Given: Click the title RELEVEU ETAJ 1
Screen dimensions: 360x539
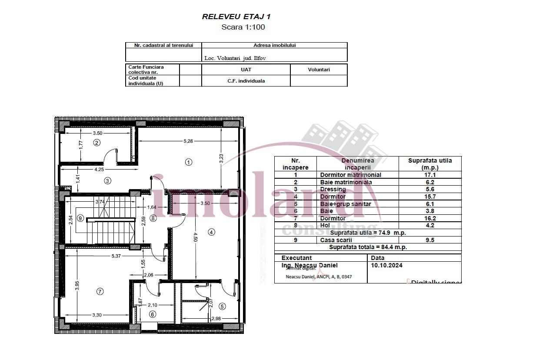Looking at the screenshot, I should pos(236,17).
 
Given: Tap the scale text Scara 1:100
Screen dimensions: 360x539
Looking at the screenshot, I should pos(243,27).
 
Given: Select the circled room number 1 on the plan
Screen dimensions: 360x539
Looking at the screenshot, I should pos(188,162).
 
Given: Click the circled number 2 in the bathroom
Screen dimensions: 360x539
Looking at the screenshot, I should pos(97,143).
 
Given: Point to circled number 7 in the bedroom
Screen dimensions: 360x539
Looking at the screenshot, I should pos(100,292).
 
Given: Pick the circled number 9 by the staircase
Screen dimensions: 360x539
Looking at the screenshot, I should pos(80,218).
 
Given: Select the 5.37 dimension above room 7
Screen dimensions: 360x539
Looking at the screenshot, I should pos(116,256).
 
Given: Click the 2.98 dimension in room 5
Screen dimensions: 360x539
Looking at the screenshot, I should pos(216,319).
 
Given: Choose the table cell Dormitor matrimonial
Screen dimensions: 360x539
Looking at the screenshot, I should pos(350,175).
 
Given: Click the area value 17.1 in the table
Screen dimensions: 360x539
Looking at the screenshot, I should pos(429,175).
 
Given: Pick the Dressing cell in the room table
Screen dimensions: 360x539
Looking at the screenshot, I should pos(333,189).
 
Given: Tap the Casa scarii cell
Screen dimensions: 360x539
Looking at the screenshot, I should pos(336,240).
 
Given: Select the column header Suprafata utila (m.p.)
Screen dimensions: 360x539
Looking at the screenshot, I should pos(429,163).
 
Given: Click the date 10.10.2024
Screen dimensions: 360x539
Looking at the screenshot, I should pos(386,265).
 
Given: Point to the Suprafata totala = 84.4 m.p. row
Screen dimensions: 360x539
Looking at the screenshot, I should pos(367,247).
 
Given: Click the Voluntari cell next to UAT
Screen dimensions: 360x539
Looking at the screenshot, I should pos(319,70).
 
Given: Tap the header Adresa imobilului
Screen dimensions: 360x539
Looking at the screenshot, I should pos(274,45).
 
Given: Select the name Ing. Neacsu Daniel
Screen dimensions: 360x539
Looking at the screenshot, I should pos(309,265).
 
